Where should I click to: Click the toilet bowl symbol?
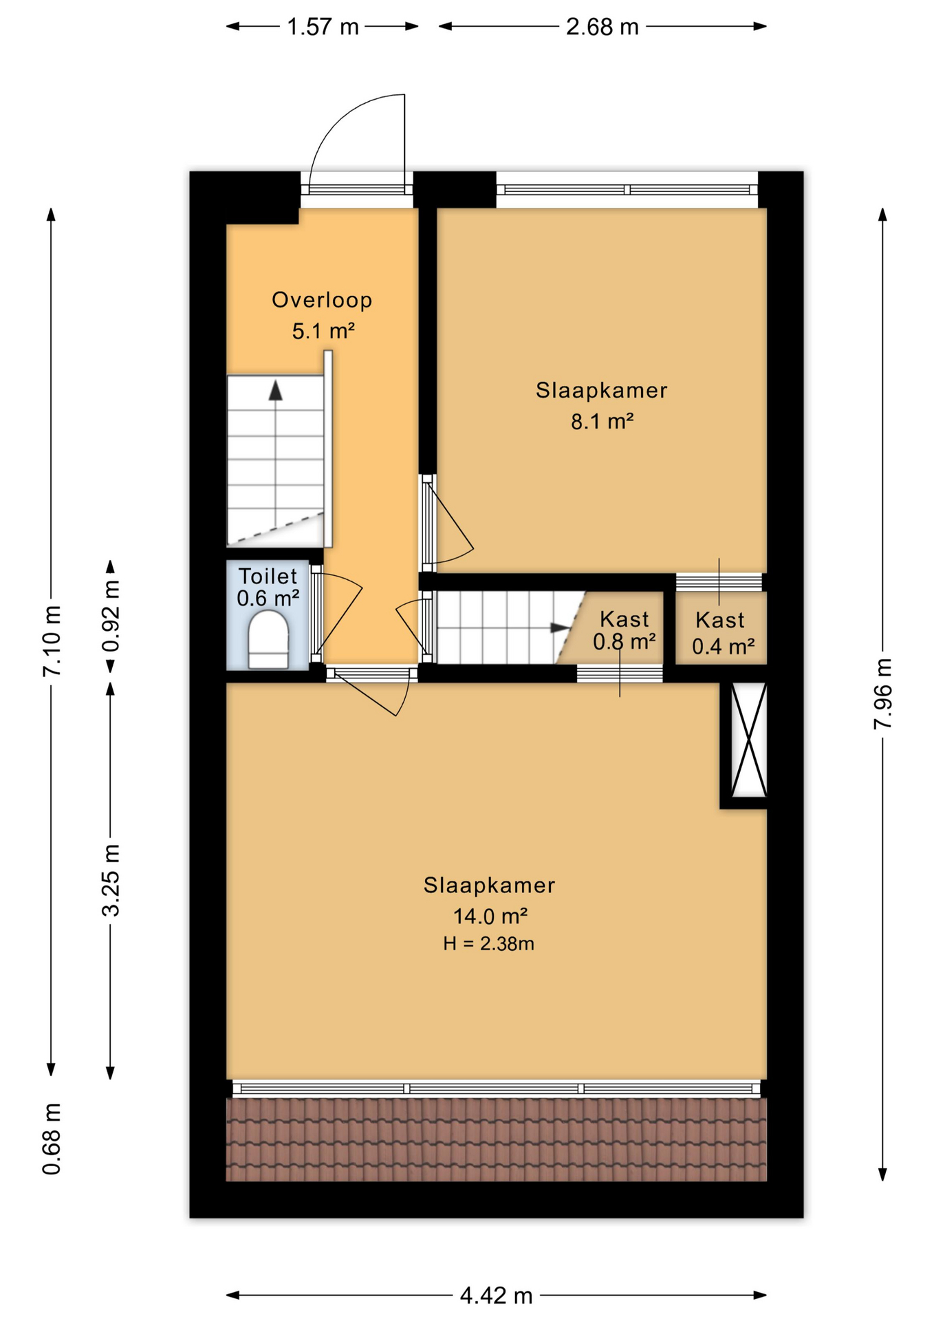(x=268, y=641)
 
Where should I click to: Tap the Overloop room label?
(x=322, y=300)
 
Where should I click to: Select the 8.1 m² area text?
(x=602, y=421)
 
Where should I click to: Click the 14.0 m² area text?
(x=490, y=916)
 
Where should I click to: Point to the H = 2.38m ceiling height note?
(x=488, y=944)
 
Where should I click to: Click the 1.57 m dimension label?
(x=323, y=27)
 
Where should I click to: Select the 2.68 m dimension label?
(x=602, y=27)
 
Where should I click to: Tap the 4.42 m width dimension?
(x=496, y=1296)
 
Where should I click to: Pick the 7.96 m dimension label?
(x=882, y=694)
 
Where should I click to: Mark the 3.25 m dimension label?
(x=111, y=879)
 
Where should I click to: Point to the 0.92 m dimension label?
(x=111, y=615)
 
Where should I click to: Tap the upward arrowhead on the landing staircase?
(x=276, y=390)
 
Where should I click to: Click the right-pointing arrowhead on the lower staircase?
(x=560, y=627)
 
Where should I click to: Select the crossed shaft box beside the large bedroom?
(x=748, y=740)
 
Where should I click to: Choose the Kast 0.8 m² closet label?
(x=624, y=630)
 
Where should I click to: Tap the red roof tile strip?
(x=496, y=1139)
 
